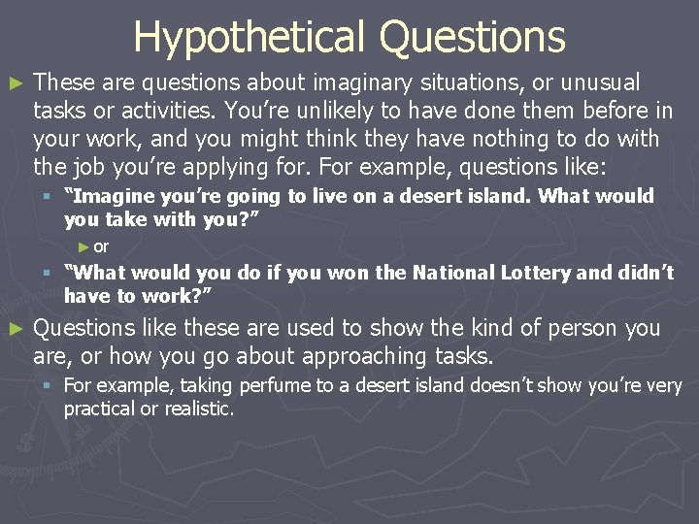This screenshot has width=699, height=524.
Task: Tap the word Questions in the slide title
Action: [x=472, y=36]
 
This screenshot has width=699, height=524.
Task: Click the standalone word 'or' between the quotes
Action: [x=101, y=246]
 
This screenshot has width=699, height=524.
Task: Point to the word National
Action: [x=451, y=273]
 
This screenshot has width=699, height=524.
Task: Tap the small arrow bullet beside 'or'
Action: [x=84, y=246]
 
